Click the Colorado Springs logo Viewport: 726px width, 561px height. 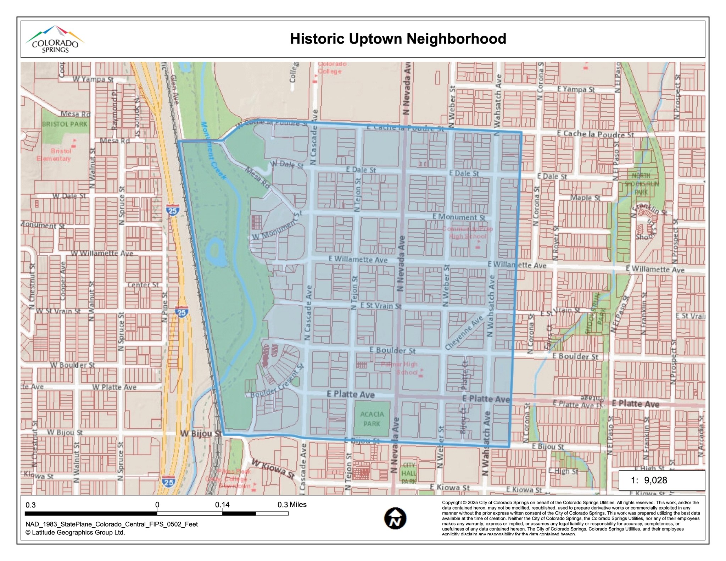[55, 39]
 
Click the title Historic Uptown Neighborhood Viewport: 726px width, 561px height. [398, 39]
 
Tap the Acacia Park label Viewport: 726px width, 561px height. [372, 419]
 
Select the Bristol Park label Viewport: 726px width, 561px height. [65, 124]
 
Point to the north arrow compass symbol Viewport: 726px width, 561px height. [395, 518]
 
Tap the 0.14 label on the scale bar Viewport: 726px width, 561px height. [222, 505]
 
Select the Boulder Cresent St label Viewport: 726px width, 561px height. [277, 381]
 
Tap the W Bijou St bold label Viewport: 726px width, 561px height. [201, 433]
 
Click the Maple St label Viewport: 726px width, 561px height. [585, 198]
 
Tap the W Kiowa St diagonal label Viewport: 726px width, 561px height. [273, 469]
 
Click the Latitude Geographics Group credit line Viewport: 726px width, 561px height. [75, 532]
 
